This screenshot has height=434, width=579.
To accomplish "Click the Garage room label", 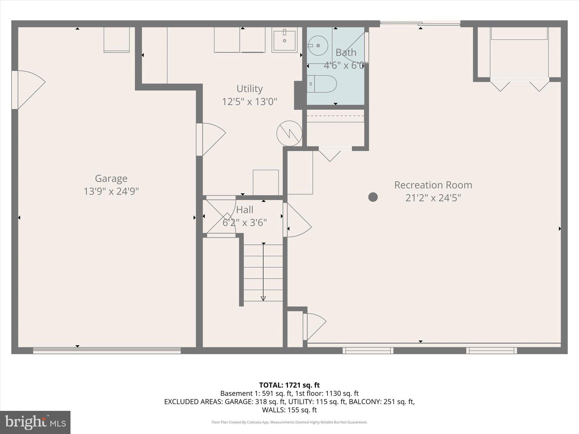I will coord(111,178).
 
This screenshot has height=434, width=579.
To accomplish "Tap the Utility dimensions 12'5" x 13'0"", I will coord(249,101).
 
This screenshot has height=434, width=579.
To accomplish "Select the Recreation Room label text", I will coord(433,185).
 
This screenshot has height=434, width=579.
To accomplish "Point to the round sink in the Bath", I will coord(318,45).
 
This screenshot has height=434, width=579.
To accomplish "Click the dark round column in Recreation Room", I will coord(373,197).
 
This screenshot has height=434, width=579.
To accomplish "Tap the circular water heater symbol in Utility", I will coord(289,133).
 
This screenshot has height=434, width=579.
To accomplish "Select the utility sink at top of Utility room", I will coord(284,40).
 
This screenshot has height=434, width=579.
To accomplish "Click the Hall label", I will coord(245,210).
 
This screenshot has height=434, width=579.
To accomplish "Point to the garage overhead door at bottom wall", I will coord(107,350).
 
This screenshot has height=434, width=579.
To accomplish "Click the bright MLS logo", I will coord(35,422).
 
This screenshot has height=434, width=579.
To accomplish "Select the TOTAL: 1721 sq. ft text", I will coord(289,385).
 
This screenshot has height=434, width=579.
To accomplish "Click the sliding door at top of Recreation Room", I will coord(420,23).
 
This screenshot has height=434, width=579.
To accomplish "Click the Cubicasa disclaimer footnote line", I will coord(289,422).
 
